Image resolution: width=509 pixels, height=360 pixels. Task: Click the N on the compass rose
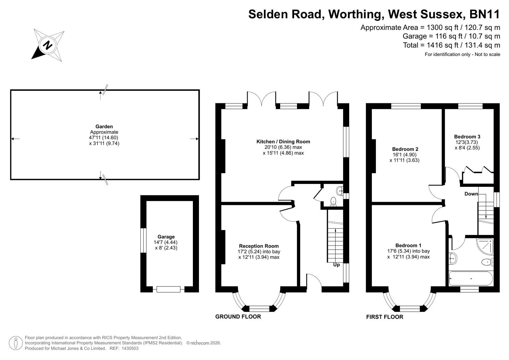tap(47, 45)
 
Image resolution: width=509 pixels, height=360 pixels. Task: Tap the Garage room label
tap(166, 237)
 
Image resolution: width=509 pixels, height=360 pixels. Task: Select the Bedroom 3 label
tap(467, 137)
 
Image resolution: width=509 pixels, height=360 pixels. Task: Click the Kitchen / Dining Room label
tap(283, 142)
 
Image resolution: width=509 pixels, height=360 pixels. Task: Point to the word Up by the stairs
tap(336, 265)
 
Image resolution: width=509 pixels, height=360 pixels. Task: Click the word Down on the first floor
tap(471, 194)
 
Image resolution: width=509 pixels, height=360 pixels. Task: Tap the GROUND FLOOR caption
tap(238, 317)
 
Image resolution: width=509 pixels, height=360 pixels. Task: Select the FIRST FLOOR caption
tap(385, 317)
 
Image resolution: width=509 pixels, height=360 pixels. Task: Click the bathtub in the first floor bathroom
tap(471, 279)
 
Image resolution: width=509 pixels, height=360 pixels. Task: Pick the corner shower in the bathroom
tap(485, 246)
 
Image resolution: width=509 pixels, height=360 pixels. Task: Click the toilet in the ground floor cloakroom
tap(333, 201)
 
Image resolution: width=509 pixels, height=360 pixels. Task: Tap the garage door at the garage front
tap(168, 289)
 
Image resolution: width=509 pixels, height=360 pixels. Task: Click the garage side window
tap(143, 240)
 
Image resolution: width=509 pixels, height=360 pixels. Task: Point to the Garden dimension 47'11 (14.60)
tap(104, 138)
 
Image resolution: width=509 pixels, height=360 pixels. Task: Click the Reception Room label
tap(259, 246)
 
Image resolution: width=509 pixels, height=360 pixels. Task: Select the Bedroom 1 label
tap(408, 245)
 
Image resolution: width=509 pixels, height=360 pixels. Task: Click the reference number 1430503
tap(130, 349)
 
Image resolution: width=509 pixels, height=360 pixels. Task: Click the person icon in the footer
tap(16, 343)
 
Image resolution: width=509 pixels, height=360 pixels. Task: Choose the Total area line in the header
tap(451, 45)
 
